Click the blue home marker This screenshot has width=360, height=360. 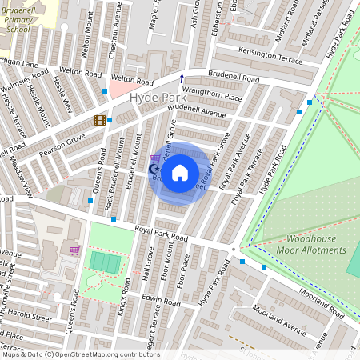[x=180, y=171]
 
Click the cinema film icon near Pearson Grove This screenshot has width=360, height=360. [x=99, y=120]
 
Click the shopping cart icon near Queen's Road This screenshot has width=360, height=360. [x=74, y=250]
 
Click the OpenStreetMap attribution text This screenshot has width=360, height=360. [x=80, y=354]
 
